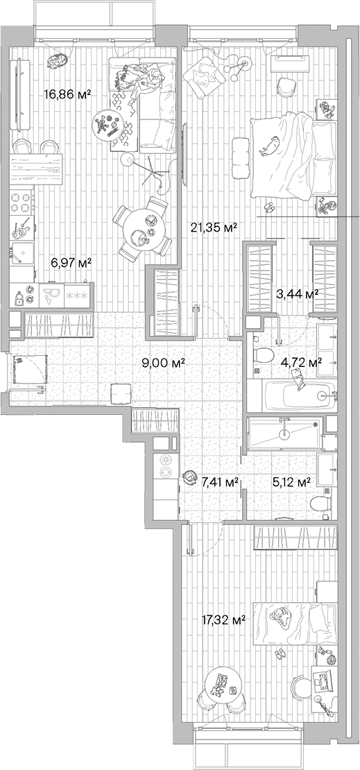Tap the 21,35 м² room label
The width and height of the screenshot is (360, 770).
pos(214,227)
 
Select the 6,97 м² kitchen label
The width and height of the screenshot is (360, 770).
pos(71,263)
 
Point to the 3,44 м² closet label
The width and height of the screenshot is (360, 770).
pos(298,293)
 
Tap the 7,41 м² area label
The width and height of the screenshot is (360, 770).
pos(220,481)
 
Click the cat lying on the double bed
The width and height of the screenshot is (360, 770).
pos(271,144)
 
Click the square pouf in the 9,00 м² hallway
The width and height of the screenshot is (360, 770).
pos(120,393)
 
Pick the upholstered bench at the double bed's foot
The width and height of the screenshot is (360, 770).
pos(241,150)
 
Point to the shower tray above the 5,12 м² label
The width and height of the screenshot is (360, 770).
pos(284,434)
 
